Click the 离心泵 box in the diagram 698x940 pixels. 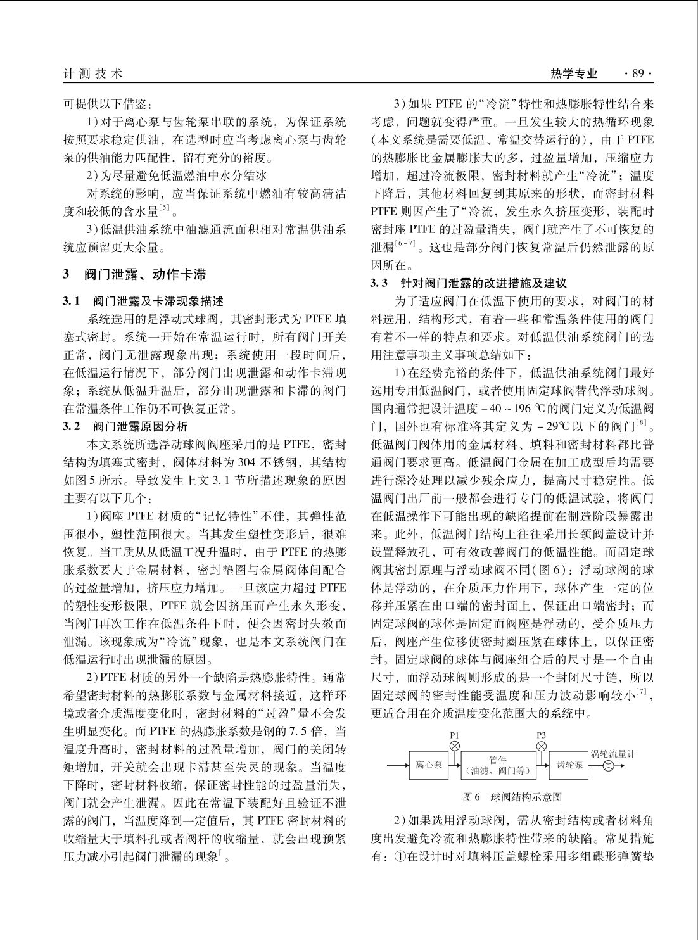429,765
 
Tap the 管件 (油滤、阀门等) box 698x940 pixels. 498,765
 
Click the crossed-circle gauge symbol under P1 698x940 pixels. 454,747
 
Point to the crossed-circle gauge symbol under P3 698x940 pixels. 541,747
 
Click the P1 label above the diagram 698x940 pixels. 454,735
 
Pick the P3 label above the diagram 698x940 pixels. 541,735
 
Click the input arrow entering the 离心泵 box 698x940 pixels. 398,765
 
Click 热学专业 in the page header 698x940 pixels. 574,74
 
